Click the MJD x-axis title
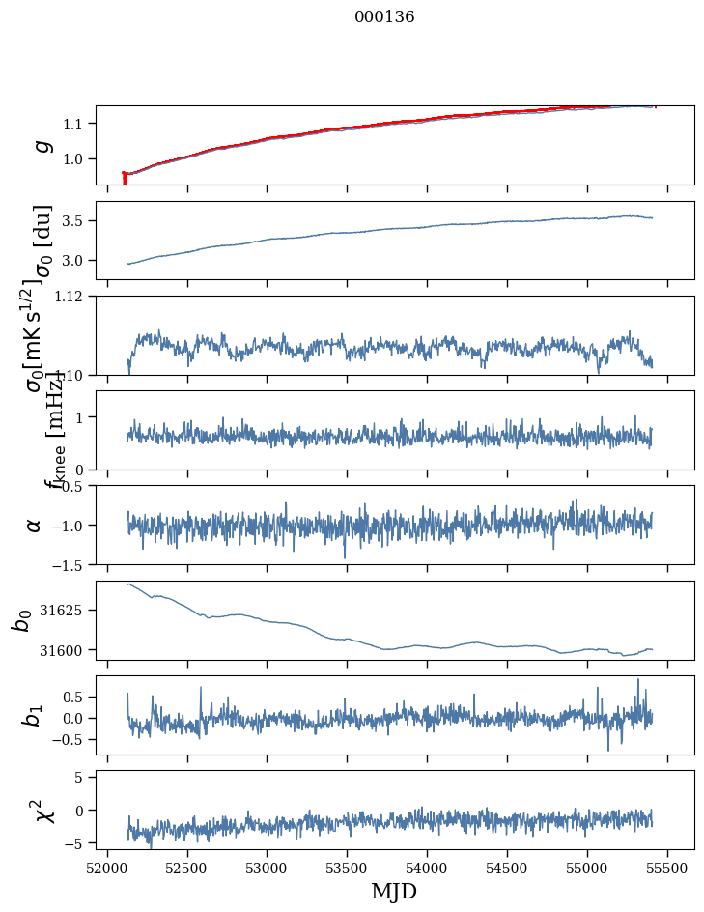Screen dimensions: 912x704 pos(394,891)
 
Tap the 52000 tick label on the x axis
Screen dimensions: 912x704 pos(107,868)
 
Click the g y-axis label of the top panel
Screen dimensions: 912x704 pos(39,145)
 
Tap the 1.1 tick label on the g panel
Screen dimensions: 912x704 pos(77,124)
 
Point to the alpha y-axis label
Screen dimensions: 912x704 pos(35,525)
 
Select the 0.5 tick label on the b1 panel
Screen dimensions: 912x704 pos(77,697)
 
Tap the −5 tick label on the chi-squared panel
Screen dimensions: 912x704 pos(81,843)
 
